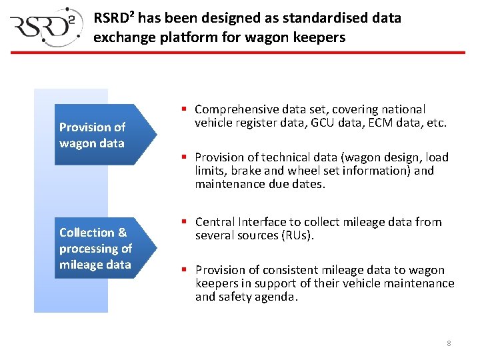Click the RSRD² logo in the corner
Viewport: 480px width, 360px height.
pos(45,27)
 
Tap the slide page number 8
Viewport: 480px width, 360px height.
pos(449,343)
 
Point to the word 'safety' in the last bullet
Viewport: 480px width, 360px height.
pos(237,297)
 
